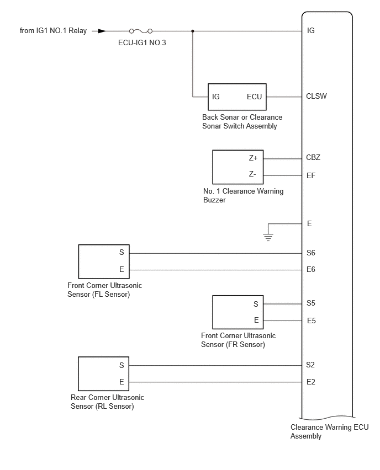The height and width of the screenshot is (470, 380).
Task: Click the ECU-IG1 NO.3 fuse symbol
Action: coord(140,31)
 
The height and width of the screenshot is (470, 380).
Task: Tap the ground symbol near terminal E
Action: coord(268,237)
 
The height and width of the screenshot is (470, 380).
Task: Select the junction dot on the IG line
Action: coord(193,31)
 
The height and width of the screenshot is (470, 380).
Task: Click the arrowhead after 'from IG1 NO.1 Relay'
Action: coord(102,31)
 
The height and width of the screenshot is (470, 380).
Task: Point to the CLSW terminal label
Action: coord(316,96)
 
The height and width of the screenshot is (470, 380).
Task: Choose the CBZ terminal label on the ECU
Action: coord(313,157)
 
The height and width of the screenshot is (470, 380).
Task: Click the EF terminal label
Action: coord(311,175)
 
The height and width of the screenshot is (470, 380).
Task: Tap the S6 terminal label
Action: coord(310,253)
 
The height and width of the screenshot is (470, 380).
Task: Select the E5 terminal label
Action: coord(312,321)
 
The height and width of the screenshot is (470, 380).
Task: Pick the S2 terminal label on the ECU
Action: coord(310,365)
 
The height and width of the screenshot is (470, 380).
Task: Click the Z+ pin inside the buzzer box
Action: coord(254,158)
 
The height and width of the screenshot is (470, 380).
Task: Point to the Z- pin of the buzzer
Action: coord(252,174)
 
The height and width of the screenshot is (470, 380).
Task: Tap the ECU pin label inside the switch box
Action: coord(254,97)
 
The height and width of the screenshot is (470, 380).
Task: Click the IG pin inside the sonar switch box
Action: coord(216,97)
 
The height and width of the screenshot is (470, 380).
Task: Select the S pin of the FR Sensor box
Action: coord(256,305)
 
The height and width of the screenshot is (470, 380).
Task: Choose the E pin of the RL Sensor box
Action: coord(122,382)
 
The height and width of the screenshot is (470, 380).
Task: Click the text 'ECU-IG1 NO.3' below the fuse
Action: coord(142,43)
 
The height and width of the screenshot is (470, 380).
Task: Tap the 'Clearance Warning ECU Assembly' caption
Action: coord(329,431)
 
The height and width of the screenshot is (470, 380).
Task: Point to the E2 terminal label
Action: coord(310,382)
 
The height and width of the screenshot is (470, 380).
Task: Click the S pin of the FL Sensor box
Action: coord(122,253)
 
